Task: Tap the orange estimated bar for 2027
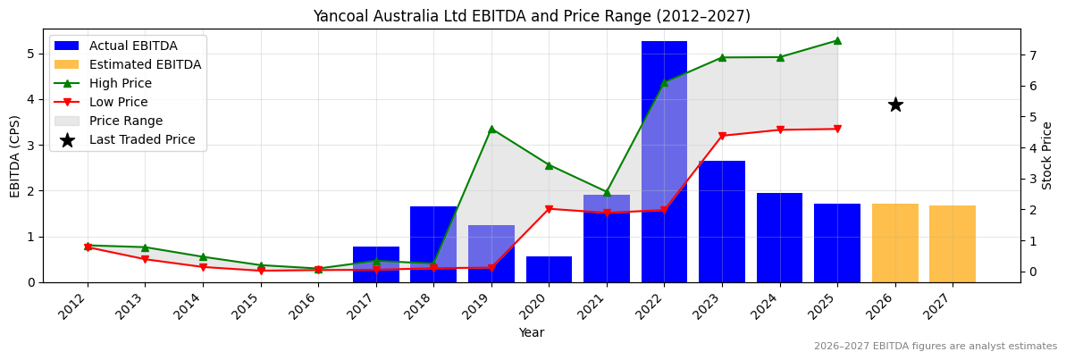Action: pos(953,244)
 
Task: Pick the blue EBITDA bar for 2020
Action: pos(549,269)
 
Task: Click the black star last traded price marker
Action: pos(895,105)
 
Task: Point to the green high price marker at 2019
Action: pos(491,129)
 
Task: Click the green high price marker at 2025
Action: pos(837,40)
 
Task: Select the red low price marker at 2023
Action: pos(722,136)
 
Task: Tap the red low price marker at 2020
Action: pos(549,209)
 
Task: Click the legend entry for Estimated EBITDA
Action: pos(145,64)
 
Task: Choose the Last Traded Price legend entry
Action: pos(141,139)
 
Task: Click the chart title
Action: pos(531,16)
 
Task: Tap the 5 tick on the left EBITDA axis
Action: pos(30,54)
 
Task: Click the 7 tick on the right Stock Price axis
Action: pos(1032,55)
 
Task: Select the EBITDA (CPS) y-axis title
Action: pos(15,155)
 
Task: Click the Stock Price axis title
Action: pos(1047,155)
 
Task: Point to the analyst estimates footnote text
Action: pos(935,347)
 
